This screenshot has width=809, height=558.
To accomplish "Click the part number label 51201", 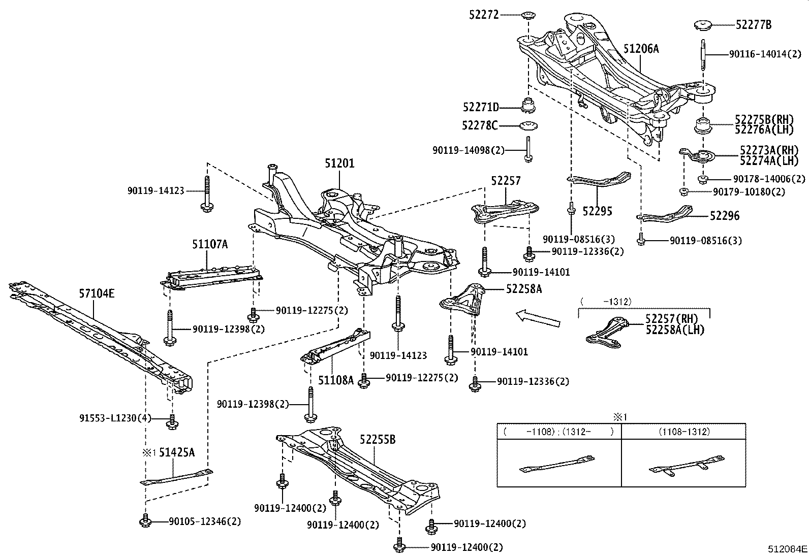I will [x=339, y=163].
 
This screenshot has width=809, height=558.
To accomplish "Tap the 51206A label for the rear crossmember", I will [x=641, y=49].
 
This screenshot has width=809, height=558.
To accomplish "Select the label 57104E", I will [x=97, y=293].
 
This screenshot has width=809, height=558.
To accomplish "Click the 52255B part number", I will [x=377, y=440].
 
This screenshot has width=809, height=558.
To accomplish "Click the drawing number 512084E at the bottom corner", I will [x=787, y=549].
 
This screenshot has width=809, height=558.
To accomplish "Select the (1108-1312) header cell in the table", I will [x=684, y=432].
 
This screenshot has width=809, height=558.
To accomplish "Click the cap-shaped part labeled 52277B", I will [x=702, y=24].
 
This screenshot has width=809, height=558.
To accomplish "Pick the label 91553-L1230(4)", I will [x=115, y=418].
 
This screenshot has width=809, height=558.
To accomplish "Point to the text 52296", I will [x=724, y=216].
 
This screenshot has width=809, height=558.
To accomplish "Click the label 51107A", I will [x=209, y=244].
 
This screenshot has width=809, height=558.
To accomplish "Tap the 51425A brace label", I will [x=176, y=452].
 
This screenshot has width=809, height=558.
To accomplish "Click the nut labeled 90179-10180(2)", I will [x=683, y=192].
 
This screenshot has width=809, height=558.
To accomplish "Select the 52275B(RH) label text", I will [x=764, y=120].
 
